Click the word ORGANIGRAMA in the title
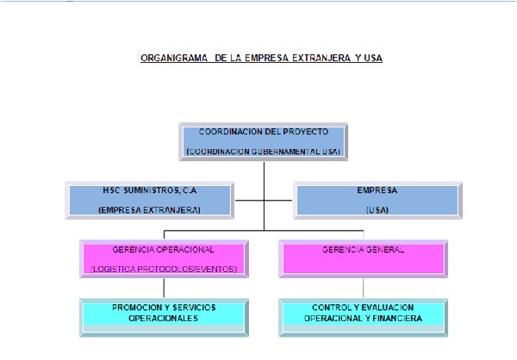[x=174, y=58]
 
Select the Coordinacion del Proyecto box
[x=264, y=142]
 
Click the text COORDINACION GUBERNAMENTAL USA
[x=264, y=152]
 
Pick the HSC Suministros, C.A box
[x=150, y=200]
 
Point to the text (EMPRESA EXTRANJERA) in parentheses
[x=149, y=210]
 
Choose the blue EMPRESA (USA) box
[x=377, y=200]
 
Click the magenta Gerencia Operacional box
[x=164, y=258]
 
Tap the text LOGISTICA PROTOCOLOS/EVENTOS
[x=164, y=269]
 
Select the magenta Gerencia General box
[x=363, y=258]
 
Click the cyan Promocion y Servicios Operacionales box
[x=164, y=318]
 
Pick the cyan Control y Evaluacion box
[x=363, y=318]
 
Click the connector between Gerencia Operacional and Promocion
[x=164, y=289]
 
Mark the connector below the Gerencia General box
[x=363, y=289]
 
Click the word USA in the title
[x=373, y=58]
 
